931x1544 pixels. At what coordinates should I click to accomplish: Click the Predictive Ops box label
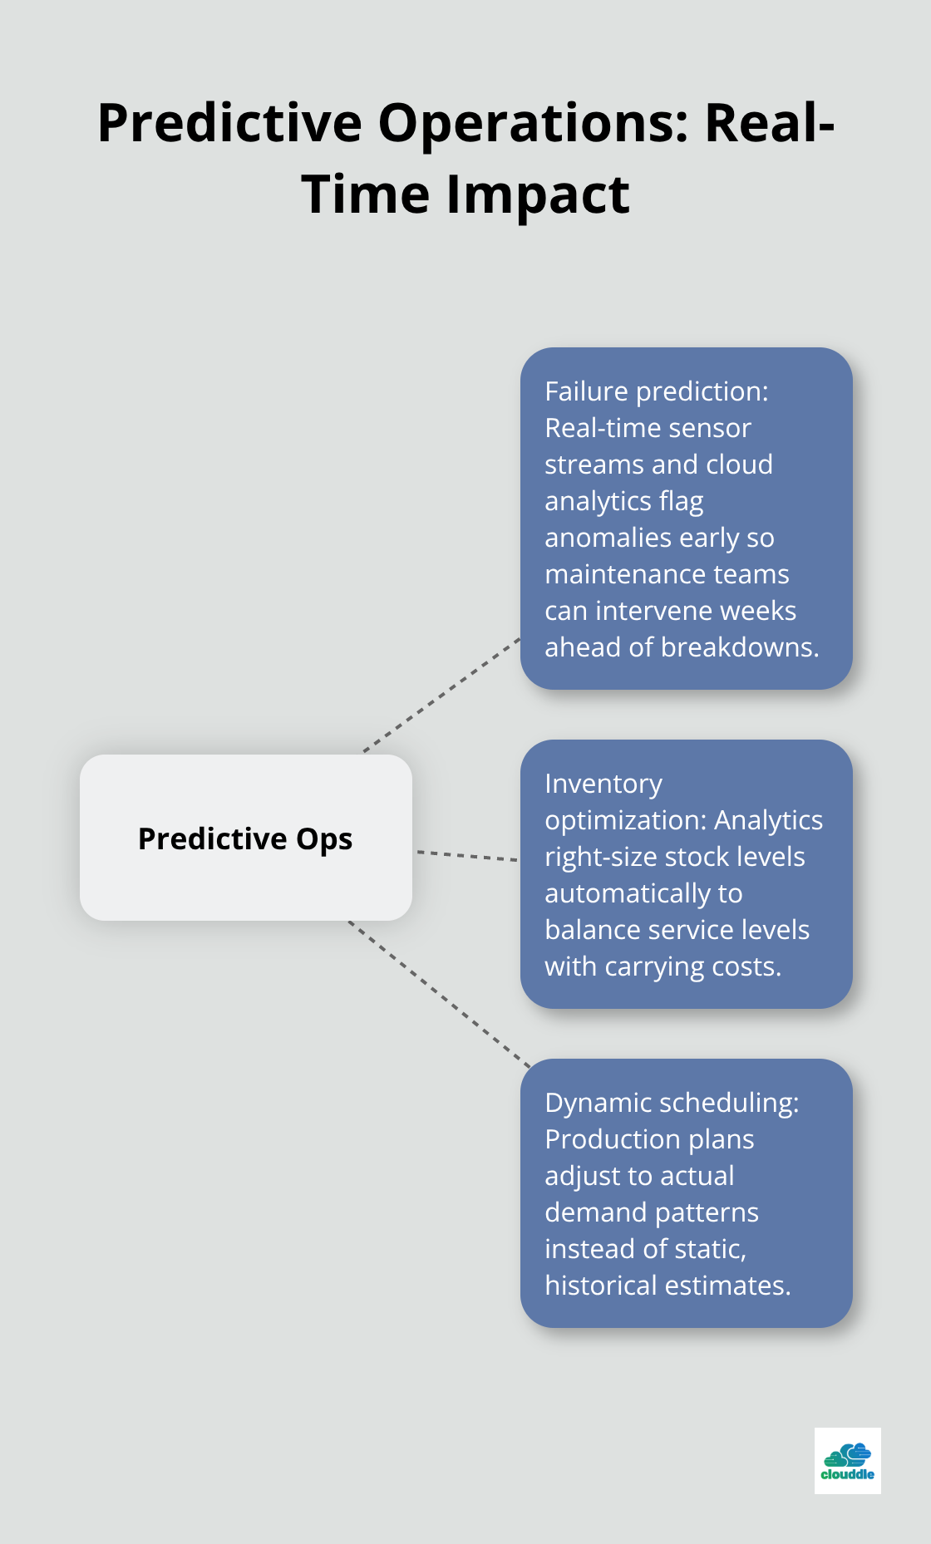245,838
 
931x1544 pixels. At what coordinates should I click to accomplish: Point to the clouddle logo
847,1461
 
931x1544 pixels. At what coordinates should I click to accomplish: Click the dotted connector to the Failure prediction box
441,696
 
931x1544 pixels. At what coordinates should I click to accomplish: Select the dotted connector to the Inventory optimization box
466,855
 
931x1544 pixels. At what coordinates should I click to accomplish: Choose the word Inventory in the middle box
603,784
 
